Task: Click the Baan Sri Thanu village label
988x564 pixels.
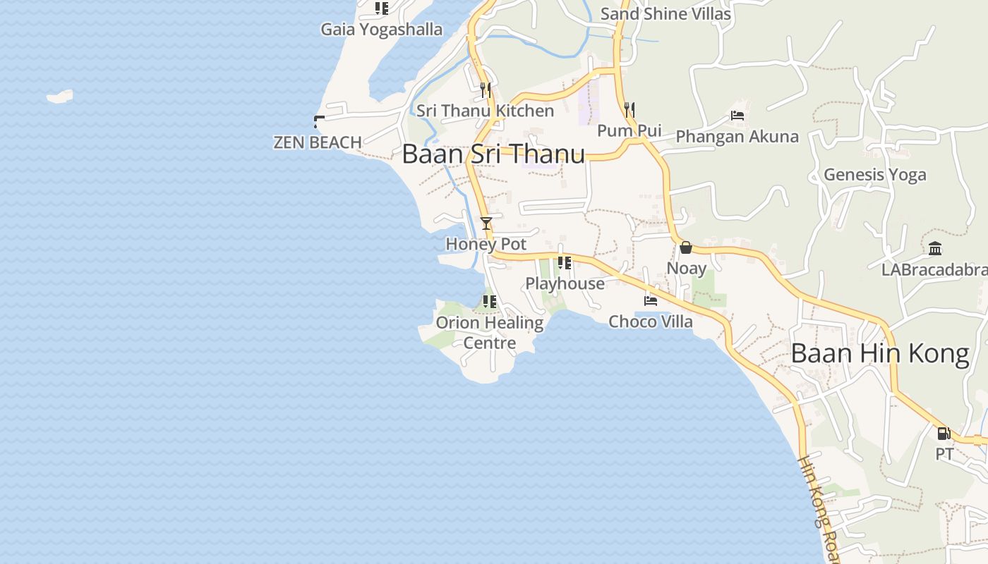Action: [x=493, y=154]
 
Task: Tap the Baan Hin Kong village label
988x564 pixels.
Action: [x=880, y=353]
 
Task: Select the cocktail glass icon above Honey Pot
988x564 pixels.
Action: [x=486, y=223]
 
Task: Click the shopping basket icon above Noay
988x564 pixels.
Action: [x=686, y=247]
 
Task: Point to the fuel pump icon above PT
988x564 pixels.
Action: [x=944, y=433]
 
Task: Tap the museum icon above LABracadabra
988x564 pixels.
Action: [x=936, y=248]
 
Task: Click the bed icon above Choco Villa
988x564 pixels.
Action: [x=651, y=300]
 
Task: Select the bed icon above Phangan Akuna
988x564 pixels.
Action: [x=737, y=116]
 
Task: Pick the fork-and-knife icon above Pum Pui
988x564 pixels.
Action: [x=629, y=109]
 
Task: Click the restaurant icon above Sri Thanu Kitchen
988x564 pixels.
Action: [x=486, y=90]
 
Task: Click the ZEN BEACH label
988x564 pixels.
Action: [x=318, y=142]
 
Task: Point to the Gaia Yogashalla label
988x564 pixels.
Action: [x=382, y=30]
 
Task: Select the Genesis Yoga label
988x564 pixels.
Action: [x=875, y=174]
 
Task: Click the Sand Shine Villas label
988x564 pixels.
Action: [x=665, y=13]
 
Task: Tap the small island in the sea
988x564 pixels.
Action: [x=60, y=96]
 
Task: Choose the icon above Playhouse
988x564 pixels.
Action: [x=565, y=263]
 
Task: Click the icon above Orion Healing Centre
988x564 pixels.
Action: [x=489, y=302]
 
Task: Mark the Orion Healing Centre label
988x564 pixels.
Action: [x=490, y=333]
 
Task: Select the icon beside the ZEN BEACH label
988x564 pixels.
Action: [x=319, y=121]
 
